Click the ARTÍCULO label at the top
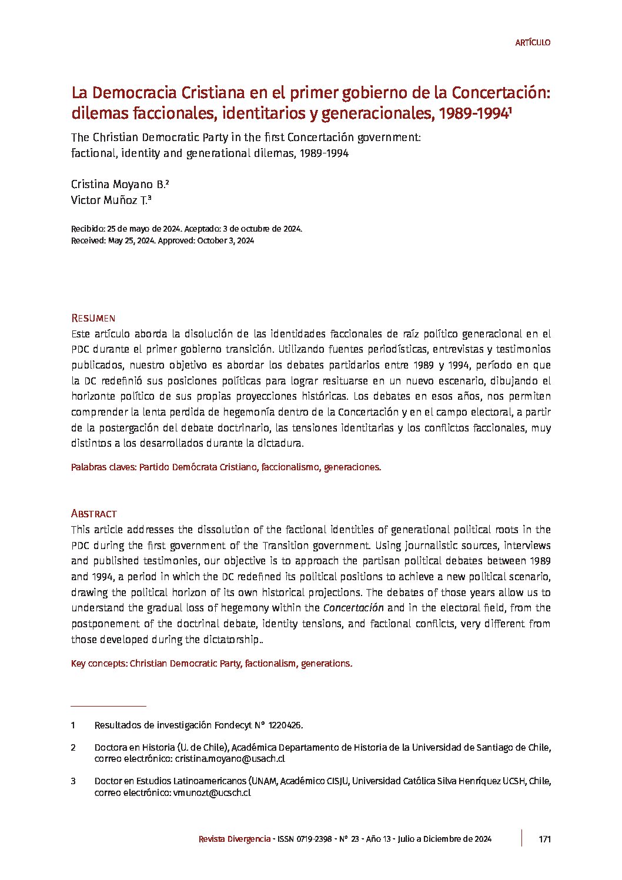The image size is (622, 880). [x=533, y=42]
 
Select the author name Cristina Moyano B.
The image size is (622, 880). [x=118, y=184]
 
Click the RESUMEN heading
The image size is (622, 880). [x=93, y=318]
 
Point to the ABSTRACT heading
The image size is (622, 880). [x=94, y=513]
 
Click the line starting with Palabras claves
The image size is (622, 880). [x=226, y=467]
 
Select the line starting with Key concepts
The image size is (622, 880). [x=211, y=663]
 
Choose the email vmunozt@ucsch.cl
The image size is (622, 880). [x=212, y=792]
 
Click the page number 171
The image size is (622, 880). [x=544, y=839]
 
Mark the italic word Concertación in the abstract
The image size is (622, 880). [x=353, y=608]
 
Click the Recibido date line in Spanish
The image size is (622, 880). [x=186, y=229]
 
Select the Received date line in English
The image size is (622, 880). [x=162, y=240]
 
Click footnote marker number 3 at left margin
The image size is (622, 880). [x=73, y=781]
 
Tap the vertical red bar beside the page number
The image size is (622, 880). [x=521, y=838]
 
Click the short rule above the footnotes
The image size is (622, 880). [x=108, y=705]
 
